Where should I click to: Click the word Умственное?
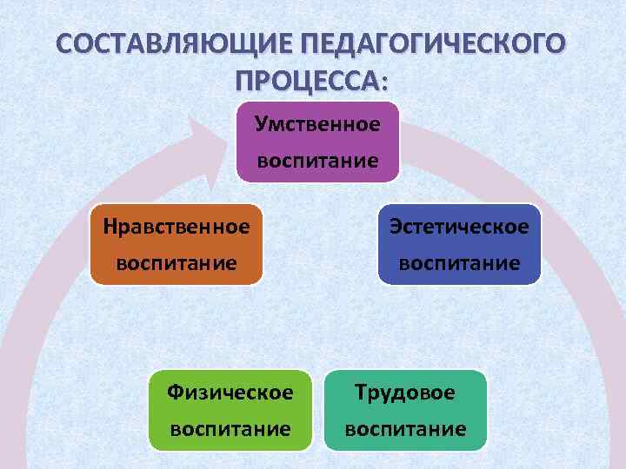[x=317, y=123]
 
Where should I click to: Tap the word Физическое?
[x=230, y=393]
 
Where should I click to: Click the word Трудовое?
[x=405, y=393]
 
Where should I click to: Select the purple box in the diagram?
[x=317, y=142]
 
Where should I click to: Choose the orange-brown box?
[x=176, y=244]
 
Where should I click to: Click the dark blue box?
[x=459, y=244]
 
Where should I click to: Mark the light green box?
[x=230, y=411]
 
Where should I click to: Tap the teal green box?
[x=405, y=411]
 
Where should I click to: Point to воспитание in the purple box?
[x=317, y=161]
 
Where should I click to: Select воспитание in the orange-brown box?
[x=176, y=262]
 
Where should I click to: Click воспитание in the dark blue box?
[x=459, y=262]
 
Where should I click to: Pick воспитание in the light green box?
[x=230, y=429]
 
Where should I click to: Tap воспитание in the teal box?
[x=405, y=429]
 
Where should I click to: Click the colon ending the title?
[x=385, y=83]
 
